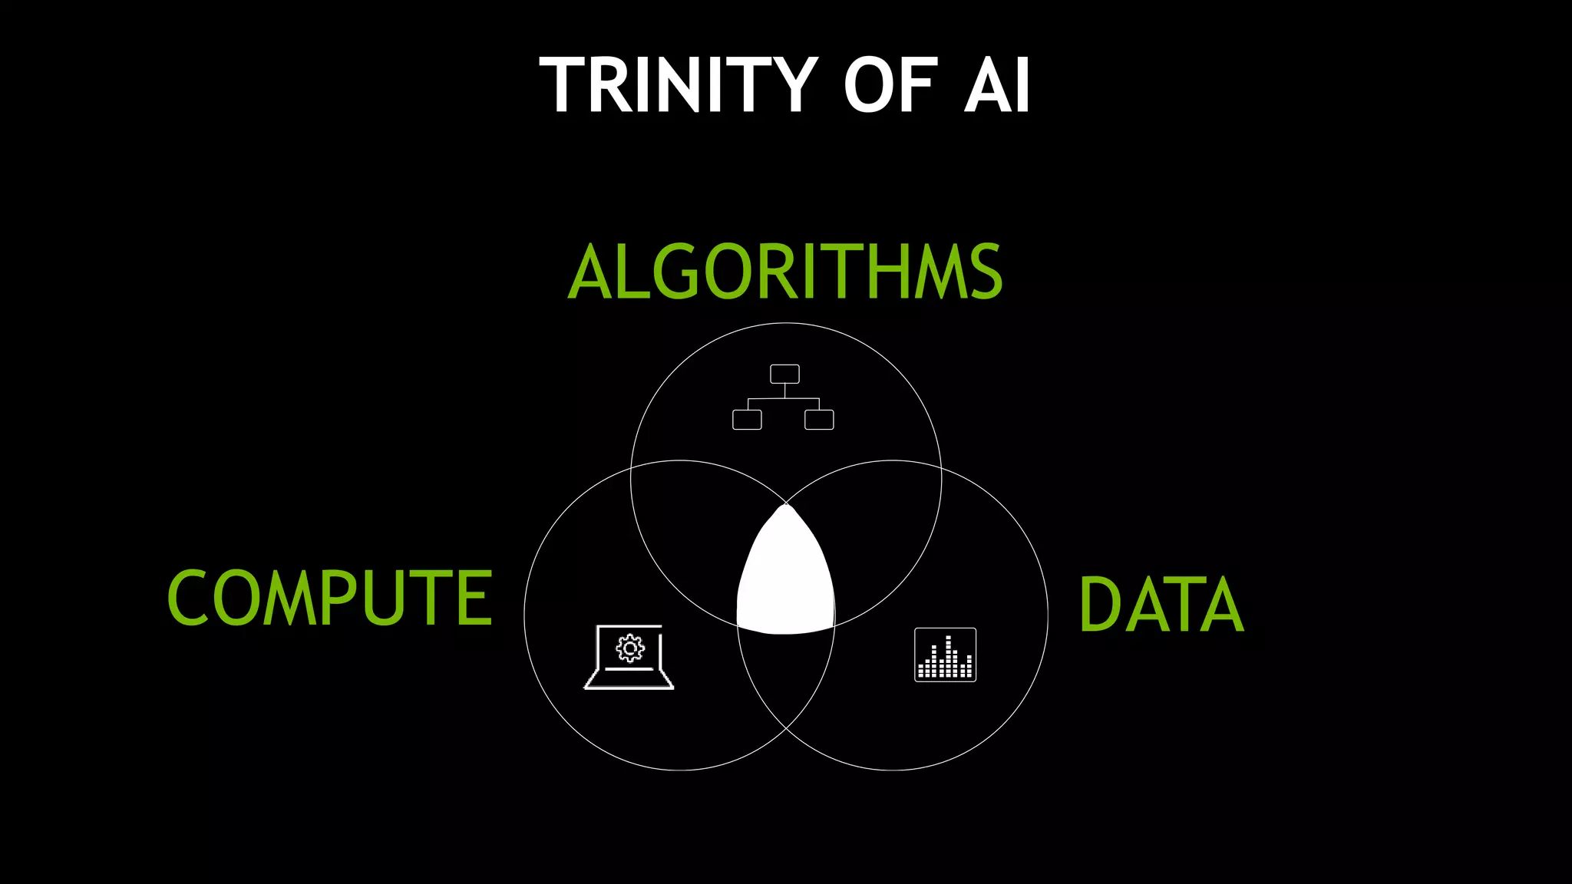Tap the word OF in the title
(x=891, y=85)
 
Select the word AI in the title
(x=997, y=85)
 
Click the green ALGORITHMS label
(x=785, y=272)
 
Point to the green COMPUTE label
(x=329, y=598)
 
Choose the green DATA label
(x=1161, y=605)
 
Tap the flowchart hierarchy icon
(x=784, y=397)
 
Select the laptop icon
(x=629, y=658)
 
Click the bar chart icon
(x=945, y=655)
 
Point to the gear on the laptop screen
(x=630, y=648)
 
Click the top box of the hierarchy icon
(x=784, y=374)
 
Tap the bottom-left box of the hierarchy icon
(x=747, y=420)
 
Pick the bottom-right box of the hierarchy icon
(x=819, y=420)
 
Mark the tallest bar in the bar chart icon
(x=949, y=657)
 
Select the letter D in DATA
(x=1099, y=605)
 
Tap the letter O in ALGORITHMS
(x=728, y=272)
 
